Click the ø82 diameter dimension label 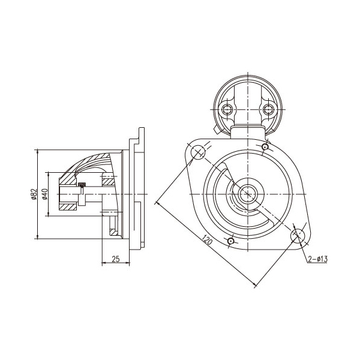(34, 194)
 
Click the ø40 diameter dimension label (45, 194)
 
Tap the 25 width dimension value (116, 259)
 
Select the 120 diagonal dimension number (208, 239)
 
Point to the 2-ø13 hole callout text (317, 259)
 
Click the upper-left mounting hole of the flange (197, 152)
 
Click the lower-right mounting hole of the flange (298, 236)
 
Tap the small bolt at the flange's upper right (265, 146)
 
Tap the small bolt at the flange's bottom (230, 241)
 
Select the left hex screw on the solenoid (227, 109)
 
